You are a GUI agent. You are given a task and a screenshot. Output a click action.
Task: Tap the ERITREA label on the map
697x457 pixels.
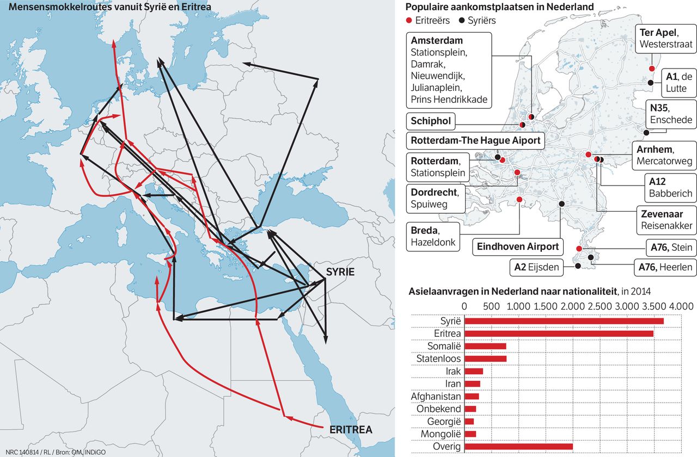point(351,430)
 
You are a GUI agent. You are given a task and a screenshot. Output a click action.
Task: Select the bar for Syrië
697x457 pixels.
point(564,321)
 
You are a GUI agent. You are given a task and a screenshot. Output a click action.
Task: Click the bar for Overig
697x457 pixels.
point(518,447)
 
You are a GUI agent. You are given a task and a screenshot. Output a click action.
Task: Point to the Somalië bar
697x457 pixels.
point(485,346)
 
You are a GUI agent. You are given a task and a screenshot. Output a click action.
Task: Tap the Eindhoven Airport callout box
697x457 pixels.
point(518,246)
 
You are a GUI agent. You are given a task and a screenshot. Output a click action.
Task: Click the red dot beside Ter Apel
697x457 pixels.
point(651,69)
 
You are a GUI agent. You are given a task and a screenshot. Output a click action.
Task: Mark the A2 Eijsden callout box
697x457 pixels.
point(537,267)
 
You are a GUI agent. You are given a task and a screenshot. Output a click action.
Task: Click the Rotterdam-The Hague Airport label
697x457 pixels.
point(475,140)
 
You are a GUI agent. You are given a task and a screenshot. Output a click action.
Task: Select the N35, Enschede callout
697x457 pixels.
point(670,114)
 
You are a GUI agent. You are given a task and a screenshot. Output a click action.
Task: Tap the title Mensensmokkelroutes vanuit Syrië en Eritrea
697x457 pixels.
point(106,7)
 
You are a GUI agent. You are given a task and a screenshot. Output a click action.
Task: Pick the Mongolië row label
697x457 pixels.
point(441,434)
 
